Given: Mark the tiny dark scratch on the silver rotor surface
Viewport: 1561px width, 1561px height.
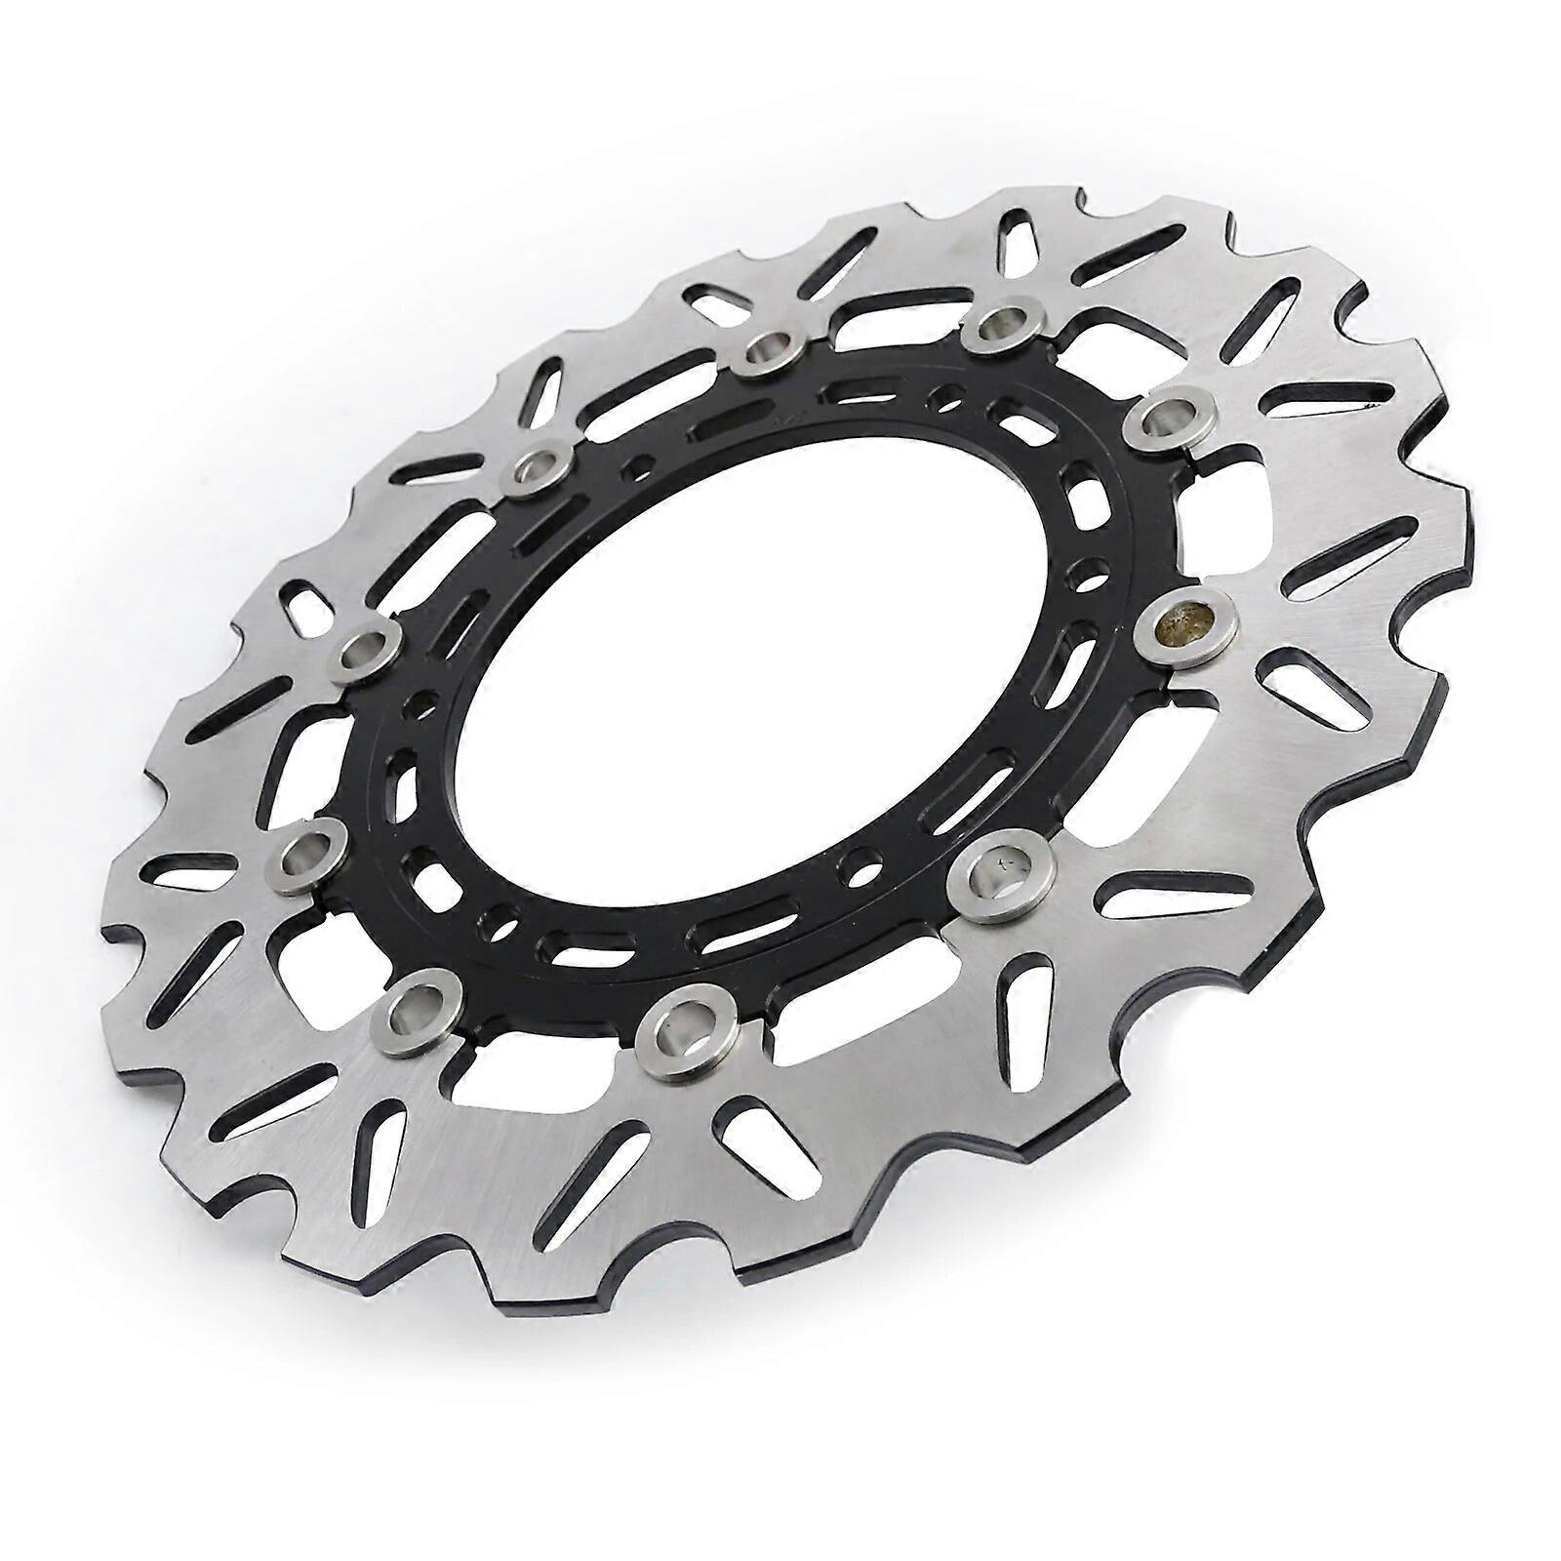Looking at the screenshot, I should [x=1369, y=401].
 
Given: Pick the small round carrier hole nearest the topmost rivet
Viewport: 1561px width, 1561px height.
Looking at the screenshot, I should [x=943, y=395].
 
